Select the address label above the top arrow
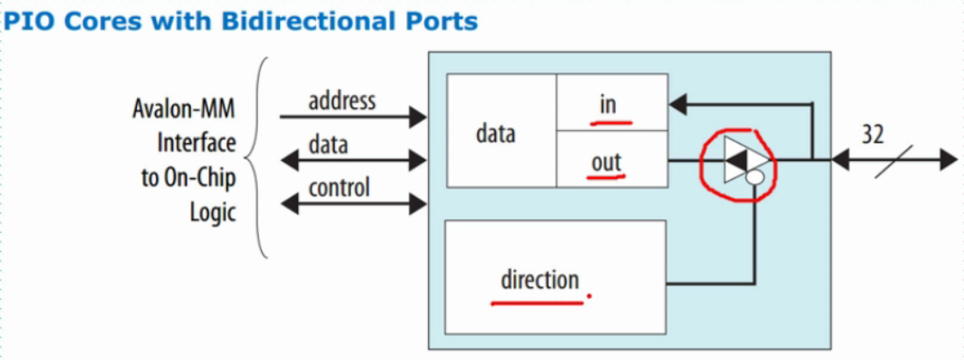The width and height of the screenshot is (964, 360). (x=342, y=100)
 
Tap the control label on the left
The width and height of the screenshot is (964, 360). (x=339, y=188)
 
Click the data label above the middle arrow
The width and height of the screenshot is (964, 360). (x=328, y=144)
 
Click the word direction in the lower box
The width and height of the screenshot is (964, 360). (x=539, y=279)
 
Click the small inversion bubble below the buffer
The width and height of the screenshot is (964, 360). (x=754, y=179)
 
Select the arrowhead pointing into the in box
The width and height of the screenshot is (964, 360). (x=678, y=105)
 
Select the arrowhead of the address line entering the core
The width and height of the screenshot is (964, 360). (x=418, y=116)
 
